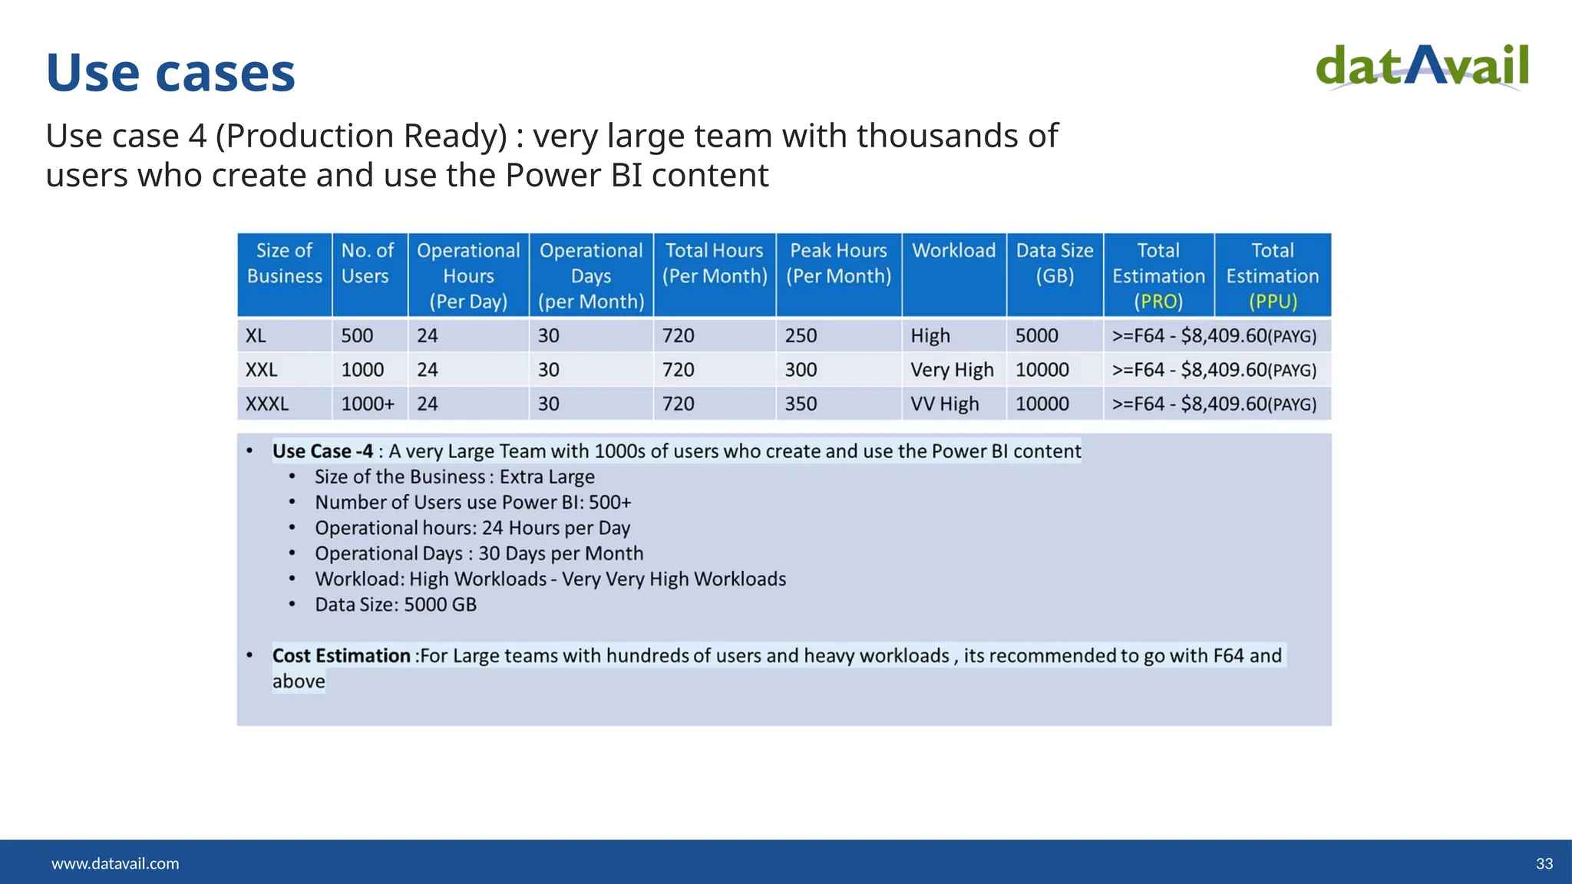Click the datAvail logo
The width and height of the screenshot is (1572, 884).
coord(1422,68)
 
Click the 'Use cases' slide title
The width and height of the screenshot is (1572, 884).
coord(170,73)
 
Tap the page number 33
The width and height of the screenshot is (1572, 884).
coord(1544,863)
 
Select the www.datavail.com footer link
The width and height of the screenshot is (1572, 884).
coord(115,863)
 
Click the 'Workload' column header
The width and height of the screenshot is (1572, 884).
coord(953,251)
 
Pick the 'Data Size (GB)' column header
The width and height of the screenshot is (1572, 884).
coord(1054,263)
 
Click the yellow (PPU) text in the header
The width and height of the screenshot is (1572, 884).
coord(1272,302)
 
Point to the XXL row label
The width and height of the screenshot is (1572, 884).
coord(261,370)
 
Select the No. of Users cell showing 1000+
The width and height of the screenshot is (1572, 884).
coord(367,404)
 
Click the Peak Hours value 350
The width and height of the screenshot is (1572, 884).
coord(801,404)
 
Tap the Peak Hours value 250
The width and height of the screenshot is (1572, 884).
coord(801,336)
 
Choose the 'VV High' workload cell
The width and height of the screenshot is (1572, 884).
coord(944,404)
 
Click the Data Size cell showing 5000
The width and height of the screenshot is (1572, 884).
coord(1036,336)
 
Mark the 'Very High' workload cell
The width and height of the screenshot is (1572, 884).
coord(952,370)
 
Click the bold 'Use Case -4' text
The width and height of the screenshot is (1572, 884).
coord(322,451)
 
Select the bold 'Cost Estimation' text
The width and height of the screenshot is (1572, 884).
coord(341,656)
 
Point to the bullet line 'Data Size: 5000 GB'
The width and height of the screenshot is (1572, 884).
coord(395,605)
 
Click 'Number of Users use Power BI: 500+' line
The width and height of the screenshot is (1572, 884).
coord(473,503)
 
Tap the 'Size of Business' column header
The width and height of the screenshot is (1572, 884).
coord(284,263)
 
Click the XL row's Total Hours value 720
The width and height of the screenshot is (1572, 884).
coord(678,336)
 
